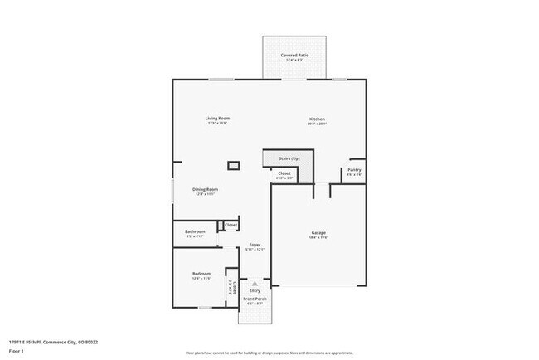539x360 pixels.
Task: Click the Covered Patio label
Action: [x=295, y=55]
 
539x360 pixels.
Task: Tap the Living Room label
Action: [x=216, y=119]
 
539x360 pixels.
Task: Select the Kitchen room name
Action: [x=318, y=119]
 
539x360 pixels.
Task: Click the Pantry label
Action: [x=354, y=170]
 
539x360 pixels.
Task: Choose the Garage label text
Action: [x=318, y=232]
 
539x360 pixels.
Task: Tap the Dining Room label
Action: [x=206, y=190]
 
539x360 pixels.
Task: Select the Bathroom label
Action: [x=195, y=231]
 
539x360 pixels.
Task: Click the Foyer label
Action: [x=255, y=245]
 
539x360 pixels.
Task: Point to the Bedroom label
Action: [x=202, y=273]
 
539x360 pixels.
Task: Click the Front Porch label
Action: [x=255, y=298]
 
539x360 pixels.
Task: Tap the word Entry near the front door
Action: [x=255, y=290]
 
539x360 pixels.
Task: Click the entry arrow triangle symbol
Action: [x=255, y=283]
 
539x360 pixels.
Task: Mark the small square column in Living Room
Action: [x=234, y=166]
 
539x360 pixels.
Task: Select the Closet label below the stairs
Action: [x=284, y=173]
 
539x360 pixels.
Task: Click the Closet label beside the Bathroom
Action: [x=231, y=225]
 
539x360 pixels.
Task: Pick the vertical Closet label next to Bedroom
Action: [x=234, y=288]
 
